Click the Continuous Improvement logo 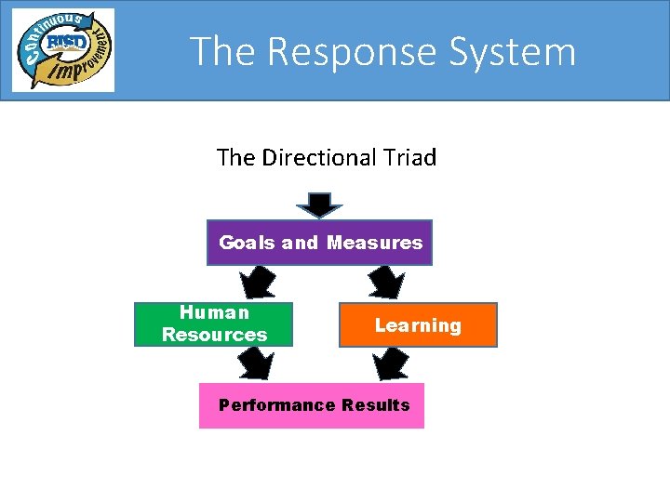[x=63, y=50]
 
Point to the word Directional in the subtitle [x=317, y=158]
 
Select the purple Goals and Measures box [x=319, y=243]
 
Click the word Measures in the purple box [x=374, y=243]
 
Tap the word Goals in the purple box [x=248, y=243]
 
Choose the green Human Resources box [x=213, y=324]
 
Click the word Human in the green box [x=214, y=313]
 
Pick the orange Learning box [x=417, y=325]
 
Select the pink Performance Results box [x=312, y=405]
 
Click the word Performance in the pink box [x=277, y=405]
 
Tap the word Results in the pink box [x=375, y=405]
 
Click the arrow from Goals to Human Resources [x=257, y=283]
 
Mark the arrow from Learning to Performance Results [x=391, y=363]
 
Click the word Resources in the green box [x=214, y=335]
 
